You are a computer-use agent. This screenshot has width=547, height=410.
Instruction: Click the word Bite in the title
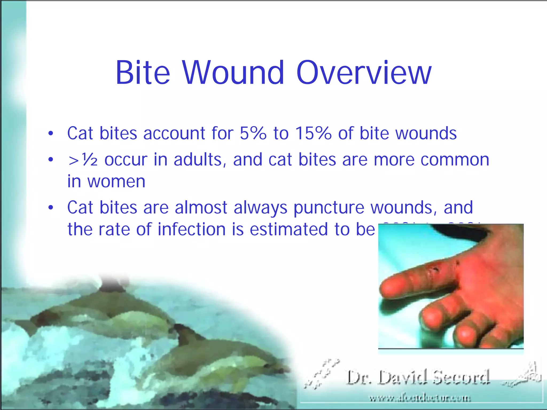pyautogui.click(x=143, y=73)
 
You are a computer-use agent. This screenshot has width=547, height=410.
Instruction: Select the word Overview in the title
pyautogui.click(x=364, y=73)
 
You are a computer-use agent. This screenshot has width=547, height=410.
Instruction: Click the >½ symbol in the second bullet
pyautogui.click(x=83, y=160)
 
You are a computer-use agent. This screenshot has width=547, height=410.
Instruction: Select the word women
pyautogui.click(x=116, y=182)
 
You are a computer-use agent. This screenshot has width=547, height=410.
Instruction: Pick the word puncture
pyautogui.click(x=329, y=208)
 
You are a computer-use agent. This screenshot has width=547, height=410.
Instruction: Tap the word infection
pyautogui.click(x=192, y=229)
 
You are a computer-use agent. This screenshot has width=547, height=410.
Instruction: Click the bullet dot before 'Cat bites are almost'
pyautogui.click(x=51, y=207)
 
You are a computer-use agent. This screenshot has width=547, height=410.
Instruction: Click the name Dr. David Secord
pyautogui.click(x=418, y=377)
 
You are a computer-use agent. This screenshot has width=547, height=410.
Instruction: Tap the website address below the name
pyautogui.click(x=420, y=399)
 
